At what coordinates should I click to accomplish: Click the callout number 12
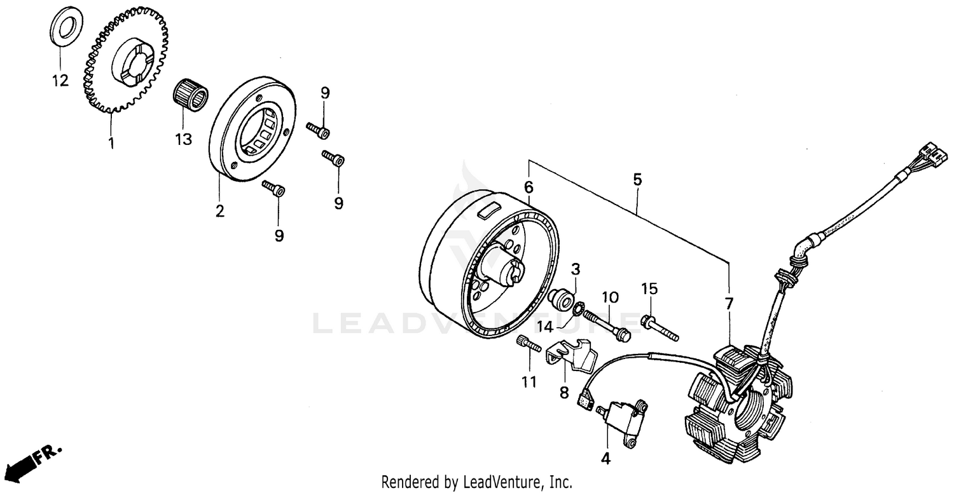[x=60, y=81]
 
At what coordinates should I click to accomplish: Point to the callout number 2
[x=219, y=212]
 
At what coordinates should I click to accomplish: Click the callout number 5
[x=637, y=180]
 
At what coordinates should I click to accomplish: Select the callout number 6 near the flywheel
[x=529, y=187]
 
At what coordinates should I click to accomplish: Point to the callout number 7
[x=729, y=303]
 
